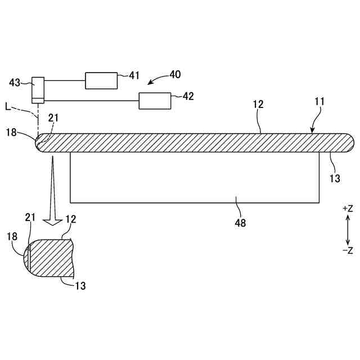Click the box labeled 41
[x=101, y=80]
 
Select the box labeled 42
[x=155, y=101]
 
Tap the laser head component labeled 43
[x=38, y=89]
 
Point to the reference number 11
[x=319, y=102]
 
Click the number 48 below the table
[x=240, y=222]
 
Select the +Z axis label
[x=347, y=209]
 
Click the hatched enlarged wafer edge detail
[x=51, y=259]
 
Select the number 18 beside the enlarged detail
[x=12, y=237]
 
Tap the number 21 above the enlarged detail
[x=30, y=217]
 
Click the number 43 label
[x=15, y=82]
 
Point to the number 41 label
[x=134, y=75]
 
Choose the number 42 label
[x=188, y=96]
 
